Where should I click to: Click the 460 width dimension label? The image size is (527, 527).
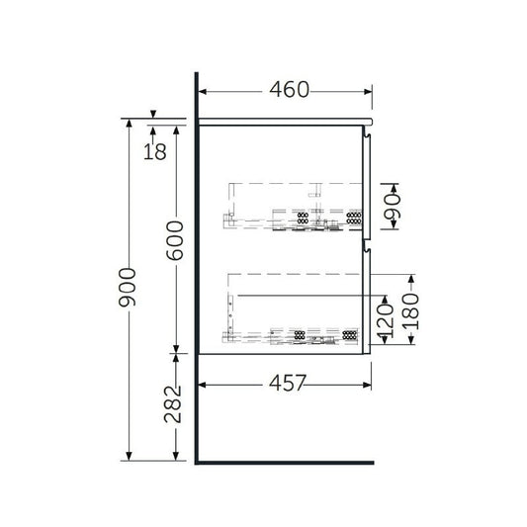[x=289, y=90]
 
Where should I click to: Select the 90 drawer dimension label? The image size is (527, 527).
[x=393, y=207]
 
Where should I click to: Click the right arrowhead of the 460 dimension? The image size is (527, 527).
[x=369, y=92]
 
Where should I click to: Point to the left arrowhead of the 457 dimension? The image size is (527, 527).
[x=203, y=382]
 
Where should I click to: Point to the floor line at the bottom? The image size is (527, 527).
[x=287, y=461]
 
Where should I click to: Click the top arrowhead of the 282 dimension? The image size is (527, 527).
[x=177, y=355]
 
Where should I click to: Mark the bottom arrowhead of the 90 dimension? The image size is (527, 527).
[x=393, y=228]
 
